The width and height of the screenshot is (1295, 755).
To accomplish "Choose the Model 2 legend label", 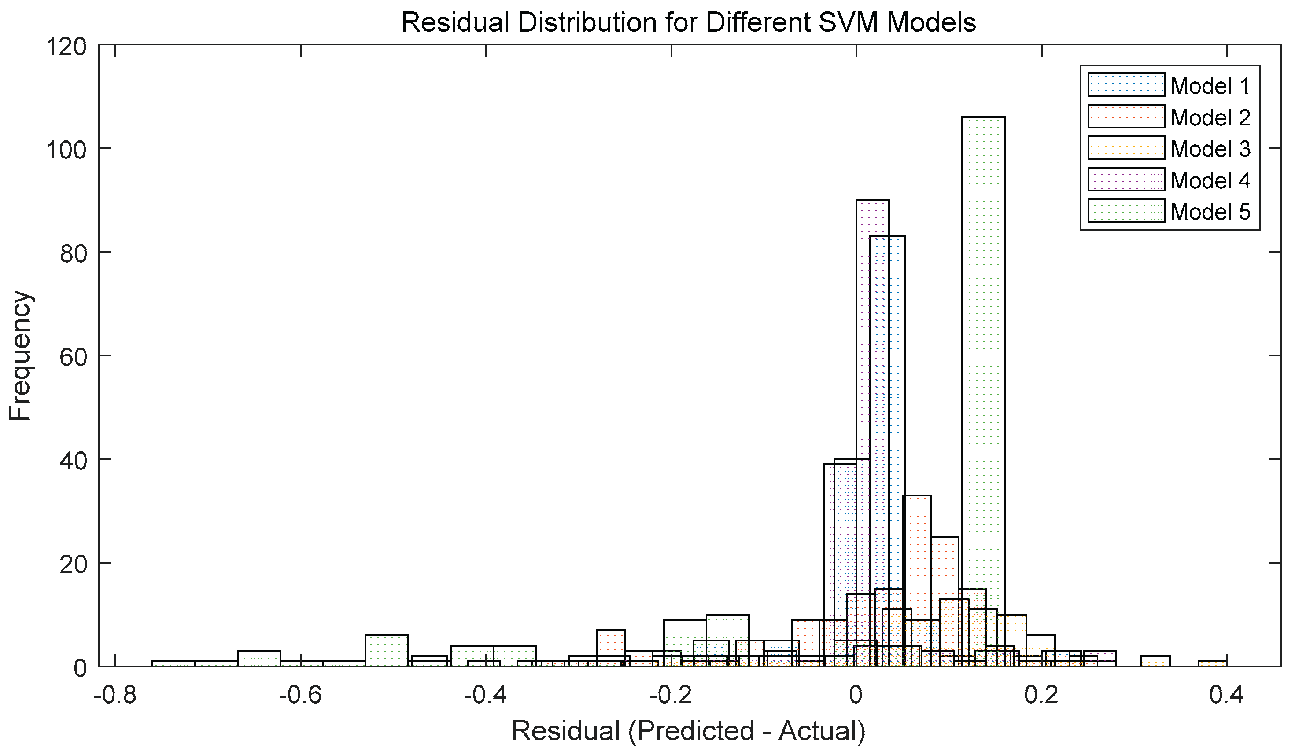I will [1210, 117].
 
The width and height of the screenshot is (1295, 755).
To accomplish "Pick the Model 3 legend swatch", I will [1125, 148].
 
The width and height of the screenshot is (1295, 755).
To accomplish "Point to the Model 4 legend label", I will [1210, 180].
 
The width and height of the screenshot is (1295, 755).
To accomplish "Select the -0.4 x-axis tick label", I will [486, 696].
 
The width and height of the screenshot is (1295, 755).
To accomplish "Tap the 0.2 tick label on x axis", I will [1042, 696].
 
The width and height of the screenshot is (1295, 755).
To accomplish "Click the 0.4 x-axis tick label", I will [1227, 696].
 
